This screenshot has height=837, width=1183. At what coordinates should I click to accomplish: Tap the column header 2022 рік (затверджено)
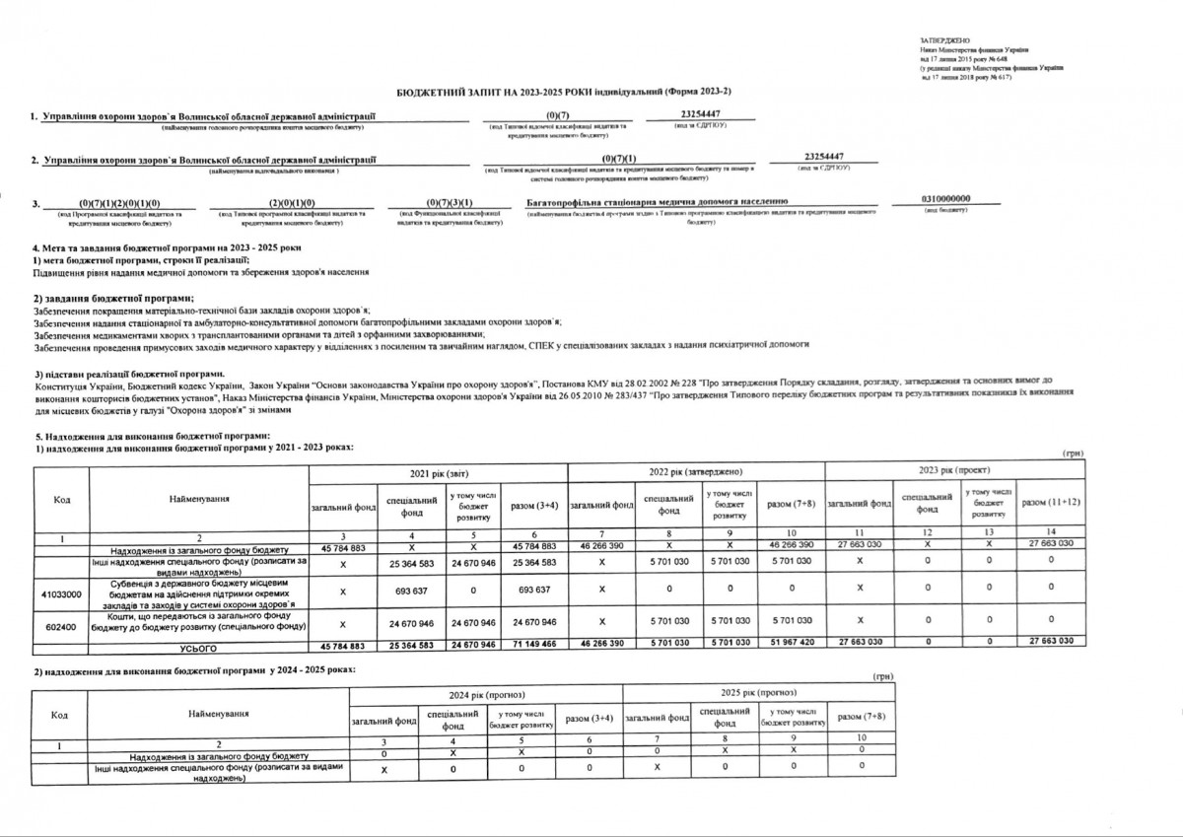tap(696, 472)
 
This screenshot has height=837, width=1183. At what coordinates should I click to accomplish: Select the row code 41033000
tap(62, 594)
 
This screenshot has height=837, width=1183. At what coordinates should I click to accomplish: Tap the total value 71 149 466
tap(535, 646)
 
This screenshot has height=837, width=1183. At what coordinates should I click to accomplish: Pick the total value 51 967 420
tap(794, 646)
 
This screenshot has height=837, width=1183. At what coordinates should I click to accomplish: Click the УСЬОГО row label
tap(198, 648)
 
